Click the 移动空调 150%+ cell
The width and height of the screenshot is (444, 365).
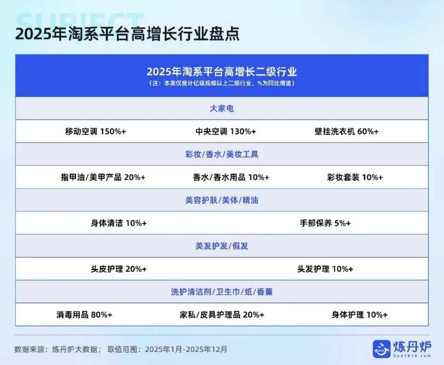96,131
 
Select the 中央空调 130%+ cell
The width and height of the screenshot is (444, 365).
225,131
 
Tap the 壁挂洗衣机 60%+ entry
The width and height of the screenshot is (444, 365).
347,131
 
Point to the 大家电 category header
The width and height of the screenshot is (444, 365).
222,108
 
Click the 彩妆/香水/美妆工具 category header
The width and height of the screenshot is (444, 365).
222,154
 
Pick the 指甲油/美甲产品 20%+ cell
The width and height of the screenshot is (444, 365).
103,177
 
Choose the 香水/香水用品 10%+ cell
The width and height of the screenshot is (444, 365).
231,177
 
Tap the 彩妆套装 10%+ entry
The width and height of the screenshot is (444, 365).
355,177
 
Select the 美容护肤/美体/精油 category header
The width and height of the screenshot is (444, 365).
222,200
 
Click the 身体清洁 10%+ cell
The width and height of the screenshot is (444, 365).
118,223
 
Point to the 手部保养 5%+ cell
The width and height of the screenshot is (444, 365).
325,223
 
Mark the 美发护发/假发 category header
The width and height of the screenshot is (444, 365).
222,246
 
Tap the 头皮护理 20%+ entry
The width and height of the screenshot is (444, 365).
118,269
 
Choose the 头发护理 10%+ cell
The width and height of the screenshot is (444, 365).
325,269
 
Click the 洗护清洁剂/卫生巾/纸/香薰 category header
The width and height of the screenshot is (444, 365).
222,292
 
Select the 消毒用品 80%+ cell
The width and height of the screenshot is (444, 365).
84,315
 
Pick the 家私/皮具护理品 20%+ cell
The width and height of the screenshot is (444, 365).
222,315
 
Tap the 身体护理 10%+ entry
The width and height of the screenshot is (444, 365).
359,315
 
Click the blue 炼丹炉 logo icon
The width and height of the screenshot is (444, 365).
382,349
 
